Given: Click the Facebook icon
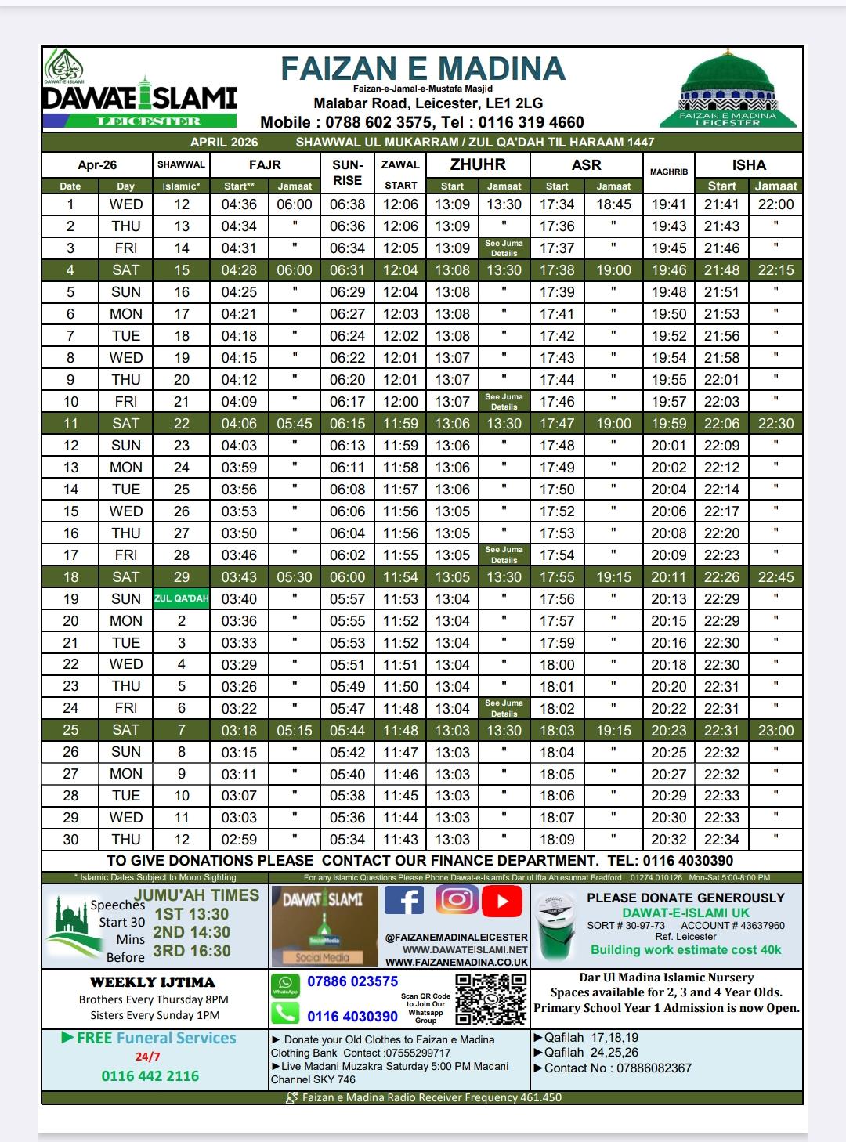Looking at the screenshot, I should coord(404,901).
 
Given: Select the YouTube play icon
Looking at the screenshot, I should coord(502,902).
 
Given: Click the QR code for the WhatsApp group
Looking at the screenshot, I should coord(490,999).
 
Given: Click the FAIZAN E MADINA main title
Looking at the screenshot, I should coord(423,69).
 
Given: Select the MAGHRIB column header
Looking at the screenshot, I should coord(668,172).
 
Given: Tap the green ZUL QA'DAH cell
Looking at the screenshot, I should coord(181,598).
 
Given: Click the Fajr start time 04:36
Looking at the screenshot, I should coord(239,204).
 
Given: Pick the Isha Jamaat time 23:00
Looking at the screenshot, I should coord(775,730).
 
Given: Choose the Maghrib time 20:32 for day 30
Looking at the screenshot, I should coord(668,839).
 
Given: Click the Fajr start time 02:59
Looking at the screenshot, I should coord(239,839).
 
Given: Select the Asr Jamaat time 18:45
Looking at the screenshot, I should coord(613,204).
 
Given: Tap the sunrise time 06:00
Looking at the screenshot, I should coord(347,576).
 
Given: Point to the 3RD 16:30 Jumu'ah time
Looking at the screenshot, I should coord(192,951).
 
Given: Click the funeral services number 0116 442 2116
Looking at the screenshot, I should coord(150,1075).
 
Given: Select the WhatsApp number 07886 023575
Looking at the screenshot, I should coord(352,981).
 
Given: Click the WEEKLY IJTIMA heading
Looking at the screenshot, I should coord(153,981).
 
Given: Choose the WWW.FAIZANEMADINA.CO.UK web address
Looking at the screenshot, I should coord(457,962).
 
